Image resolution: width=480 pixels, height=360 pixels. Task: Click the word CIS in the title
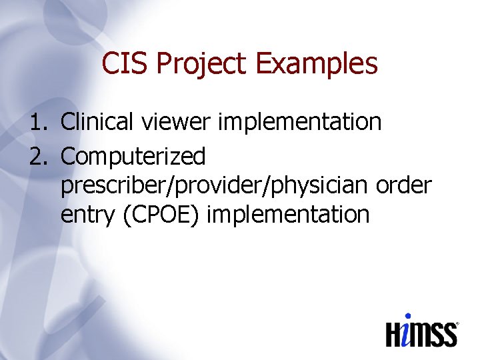point(125,64)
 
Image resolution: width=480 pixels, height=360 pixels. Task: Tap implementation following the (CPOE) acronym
point(289,215)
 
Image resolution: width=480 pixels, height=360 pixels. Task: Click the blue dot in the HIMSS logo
point(408,317)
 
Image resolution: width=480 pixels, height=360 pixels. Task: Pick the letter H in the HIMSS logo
point(395,333)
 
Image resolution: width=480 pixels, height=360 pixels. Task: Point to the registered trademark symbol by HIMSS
point(457,325)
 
